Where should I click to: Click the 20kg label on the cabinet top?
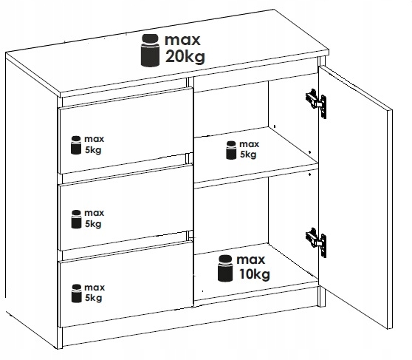tap(185, 57)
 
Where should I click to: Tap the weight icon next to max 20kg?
tap(150, 50)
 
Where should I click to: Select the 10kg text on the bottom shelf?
tap(254, 274)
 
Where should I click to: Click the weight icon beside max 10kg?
tap(225, 268)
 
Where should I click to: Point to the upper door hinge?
tap(316, 103)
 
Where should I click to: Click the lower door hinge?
tap(316, 242)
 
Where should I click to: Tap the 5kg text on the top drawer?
tap(93, 150)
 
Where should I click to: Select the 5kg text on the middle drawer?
tap(93, 224)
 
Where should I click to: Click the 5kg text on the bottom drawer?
tap(93, 298)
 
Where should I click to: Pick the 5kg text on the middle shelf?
tap(248, 154)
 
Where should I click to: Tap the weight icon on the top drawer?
tap(76, 145)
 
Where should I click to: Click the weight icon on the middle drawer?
tap(76, 219)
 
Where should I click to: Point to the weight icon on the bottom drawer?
tap(77, 293)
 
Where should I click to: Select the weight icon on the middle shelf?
tap(231, 150)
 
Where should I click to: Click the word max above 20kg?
tap(182, 40)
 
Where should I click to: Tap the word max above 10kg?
tap(250, 260)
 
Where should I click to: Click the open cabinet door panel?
tap(356, 197)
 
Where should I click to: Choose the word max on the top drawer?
tap(94, 139)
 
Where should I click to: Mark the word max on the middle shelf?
tap(250, 144)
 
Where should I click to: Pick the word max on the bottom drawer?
tap(95, 288)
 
